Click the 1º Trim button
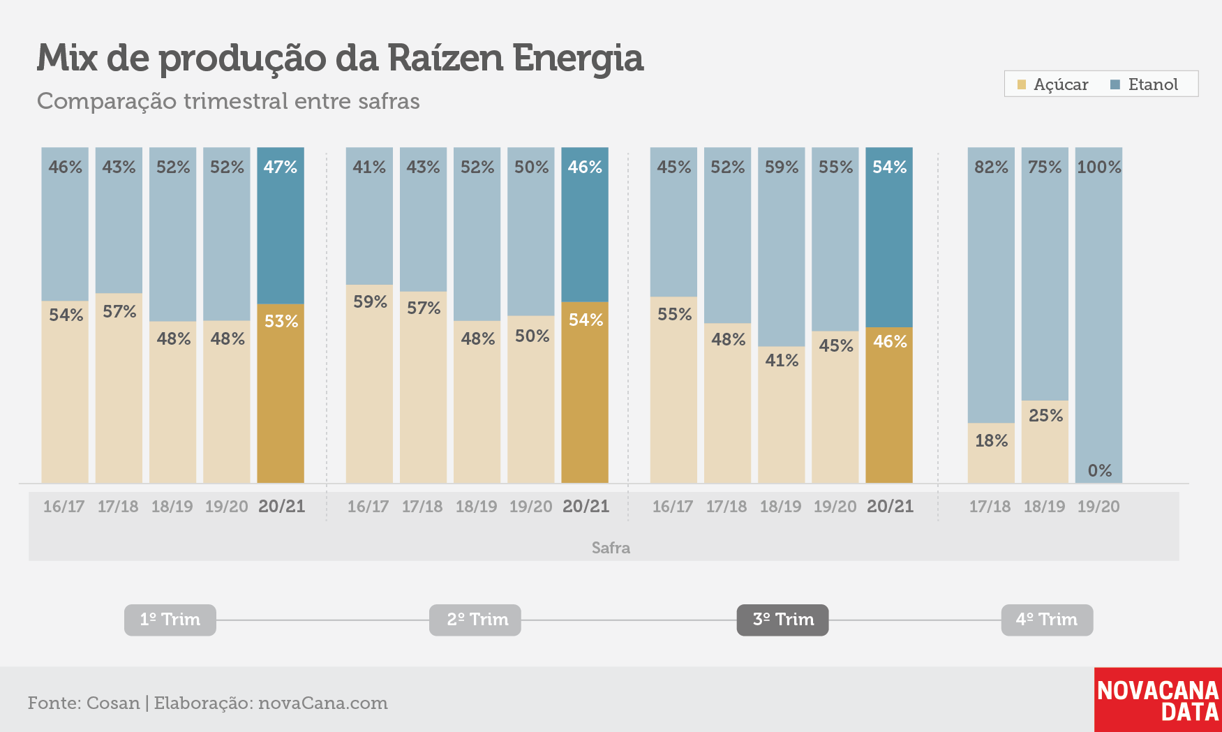click(x=170, y=620)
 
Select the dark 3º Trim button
click(x=783, y=620)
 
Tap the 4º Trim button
click(x=1047, y=620)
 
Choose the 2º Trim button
click(x=475, y=620)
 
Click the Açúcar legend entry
click(x=1053, y=84)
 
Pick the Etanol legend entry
click(x=1145, y=84)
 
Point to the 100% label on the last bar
click(x=1099, y=167)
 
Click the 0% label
click(x=1100, y=471)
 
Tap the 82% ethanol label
click(x=992, y=167)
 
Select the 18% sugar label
click(x=992, y=441)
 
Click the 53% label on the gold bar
click(x=281, y=322)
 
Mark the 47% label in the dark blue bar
click(x=281, y=167)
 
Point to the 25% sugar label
click(x=1046, y=416)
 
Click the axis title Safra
click(x=611, y=548)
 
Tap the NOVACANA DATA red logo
click(x=1158, y=700)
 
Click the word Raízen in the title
click(x=444, y=58)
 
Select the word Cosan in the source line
click(x=113, y=703)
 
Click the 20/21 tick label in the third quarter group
click(x=891, y=507)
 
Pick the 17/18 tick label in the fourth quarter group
click(x=990, y=507)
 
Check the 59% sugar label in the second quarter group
click(x=370, y=302)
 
